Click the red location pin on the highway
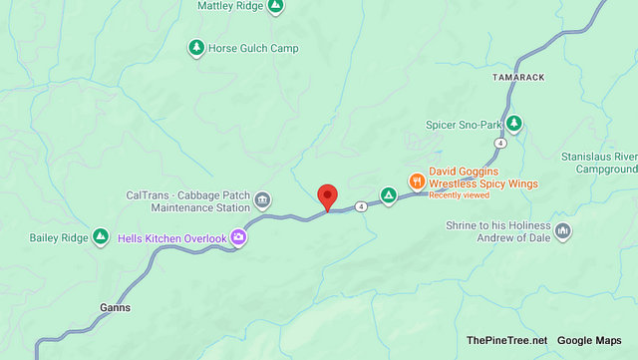pyautogui.click(x=327, y=196)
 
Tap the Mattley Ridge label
pyautogui.click(x=231, y=6)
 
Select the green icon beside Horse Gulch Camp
pyautogui.click(x=197, y=48)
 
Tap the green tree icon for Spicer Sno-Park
pyautogui.click(x=513, y=124)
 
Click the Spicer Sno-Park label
pyautogui.click(x=457, y=124)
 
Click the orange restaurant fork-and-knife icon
pyautogui.click(x=417, y=181)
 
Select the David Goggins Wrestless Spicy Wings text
pyautogui.click(x=483, y=178)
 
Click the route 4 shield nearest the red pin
pyautogui.click(x=359, y=206)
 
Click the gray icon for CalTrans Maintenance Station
pyautogui.click(x=262, y=200)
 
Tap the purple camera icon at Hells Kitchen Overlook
pyautogui.click(x=238, y=236)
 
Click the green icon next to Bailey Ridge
pyautogui.click(x=101, y=235)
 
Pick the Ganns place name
pyautogui.click(x=115, y=307)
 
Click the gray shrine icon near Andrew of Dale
pyautogui.click(x=563, y=231)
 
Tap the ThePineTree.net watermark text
pyautogui.click(x=506, y=340)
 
